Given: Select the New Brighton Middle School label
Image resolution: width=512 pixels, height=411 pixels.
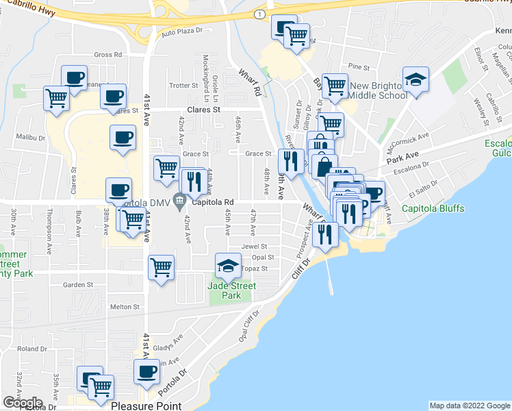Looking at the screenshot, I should click(378, 90).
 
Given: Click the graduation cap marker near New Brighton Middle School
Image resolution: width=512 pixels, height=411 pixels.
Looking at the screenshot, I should click(415, 80).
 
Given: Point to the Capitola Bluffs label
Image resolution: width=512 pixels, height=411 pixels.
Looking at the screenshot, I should click(433, 208).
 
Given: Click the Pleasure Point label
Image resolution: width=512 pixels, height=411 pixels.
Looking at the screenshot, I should click(146, 406).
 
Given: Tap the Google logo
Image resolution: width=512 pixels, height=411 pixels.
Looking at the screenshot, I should click(23, 403).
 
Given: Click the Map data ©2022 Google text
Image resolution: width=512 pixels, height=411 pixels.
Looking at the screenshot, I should click(469, 406).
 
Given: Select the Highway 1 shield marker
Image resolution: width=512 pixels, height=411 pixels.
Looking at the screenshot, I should click(258, 14).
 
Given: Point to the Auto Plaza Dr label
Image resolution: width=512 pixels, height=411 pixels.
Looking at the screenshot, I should click(183, 31).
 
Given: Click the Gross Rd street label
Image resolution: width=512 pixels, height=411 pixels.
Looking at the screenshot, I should click(107, 55).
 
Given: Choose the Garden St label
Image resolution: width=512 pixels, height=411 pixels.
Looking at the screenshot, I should click(77, 284).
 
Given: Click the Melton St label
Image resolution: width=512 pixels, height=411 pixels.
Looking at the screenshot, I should click(125, 307).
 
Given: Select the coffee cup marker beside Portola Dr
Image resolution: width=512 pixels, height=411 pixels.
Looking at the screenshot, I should click(146, 372).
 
